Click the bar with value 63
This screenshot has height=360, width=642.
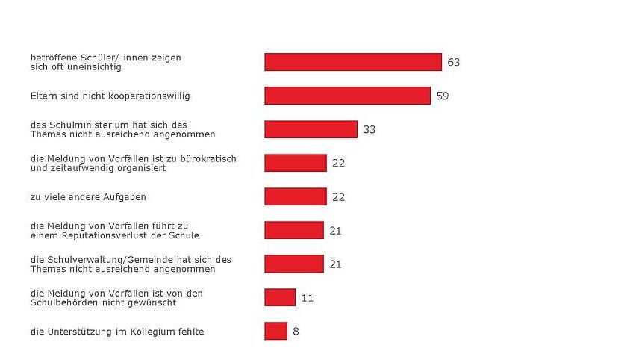tap(352, 62)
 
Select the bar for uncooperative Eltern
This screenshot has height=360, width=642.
tap(347, 96)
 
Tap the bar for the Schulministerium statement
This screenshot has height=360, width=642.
tap(311, 129)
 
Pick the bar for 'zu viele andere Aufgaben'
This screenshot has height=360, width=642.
tap(296, 196)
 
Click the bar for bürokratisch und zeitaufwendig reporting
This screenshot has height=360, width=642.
tap(296, 163)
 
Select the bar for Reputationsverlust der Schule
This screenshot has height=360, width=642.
tap(294, 230)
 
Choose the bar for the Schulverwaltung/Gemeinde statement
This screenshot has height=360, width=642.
tap(294, 264)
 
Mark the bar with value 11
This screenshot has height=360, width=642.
tap(280, 297)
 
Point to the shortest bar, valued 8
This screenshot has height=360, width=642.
tap(275, 331)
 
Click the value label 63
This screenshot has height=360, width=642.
tap(454, 62)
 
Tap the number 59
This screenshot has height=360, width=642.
tap(443, 96)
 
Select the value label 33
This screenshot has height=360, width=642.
tap(370, 129)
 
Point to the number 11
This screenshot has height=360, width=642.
tap(308, 298)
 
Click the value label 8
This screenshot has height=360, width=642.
tap(296, 331)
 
